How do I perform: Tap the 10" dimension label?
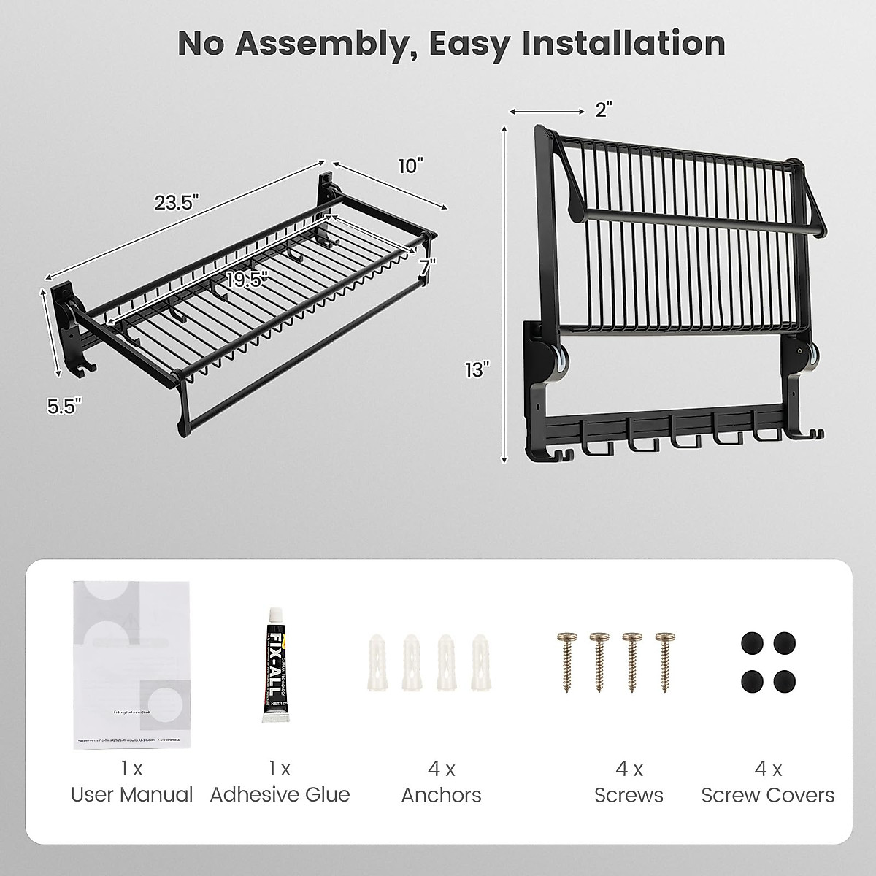410,166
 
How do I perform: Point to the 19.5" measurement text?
245,280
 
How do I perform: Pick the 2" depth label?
603,109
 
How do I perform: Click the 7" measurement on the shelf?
427,266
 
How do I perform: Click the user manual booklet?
132,664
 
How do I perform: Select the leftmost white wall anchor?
377,661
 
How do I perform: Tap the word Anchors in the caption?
441,795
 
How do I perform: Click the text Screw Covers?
768,795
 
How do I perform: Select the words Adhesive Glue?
280,795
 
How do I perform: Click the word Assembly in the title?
321,43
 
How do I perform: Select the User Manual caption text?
132,795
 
